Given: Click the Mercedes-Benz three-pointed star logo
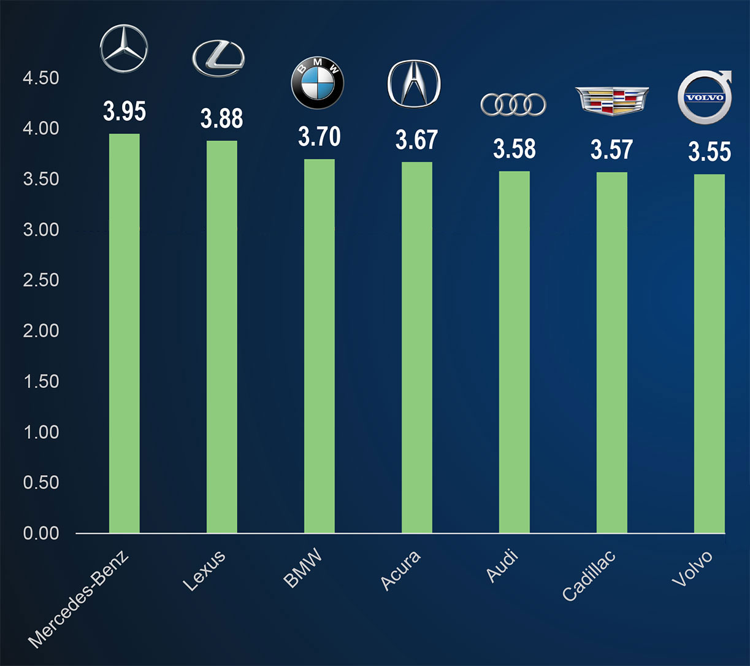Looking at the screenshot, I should pyautogui.click(x=124, y=48).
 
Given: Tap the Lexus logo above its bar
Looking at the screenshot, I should pyautogui.click(x=218, y=60).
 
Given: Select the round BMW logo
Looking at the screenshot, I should pyautogui.click(x=317, y=85).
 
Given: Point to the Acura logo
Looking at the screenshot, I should pyautogui.click(x=414, y=84).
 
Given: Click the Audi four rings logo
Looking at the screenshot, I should pyautogui.click(x=513, y=105).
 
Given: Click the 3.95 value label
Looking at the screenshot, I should pyautogui.click(x=124, y=112).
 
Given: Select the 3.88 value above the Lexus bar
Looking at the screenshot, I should pyautogui.click(x=221, y=119).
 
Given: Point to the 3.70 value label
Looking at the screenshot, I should pyautogui.click(x=319, y=137).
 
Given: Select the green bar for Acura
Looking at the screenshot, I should pyautogui.click(x=417, y=347).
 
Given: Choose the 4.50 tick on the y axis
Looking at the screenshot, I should pyautogui.click(x=41, y=79).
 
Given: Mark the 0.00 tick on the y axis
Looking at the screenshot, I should pyautogui.click(x=41, y=533).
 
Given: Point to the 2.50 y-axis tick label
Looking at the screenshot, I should pyautogui.click(x=41, y=281).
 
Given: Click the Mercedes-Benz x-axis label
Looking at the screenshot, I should pyautogui.click(x=78, y=600).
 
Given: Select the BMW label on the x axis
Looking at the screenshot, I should pyautogui.click(x=302, y=570).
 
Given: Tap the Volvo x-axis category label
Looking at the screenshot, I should pyautogui.click(x=692, y=568).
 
